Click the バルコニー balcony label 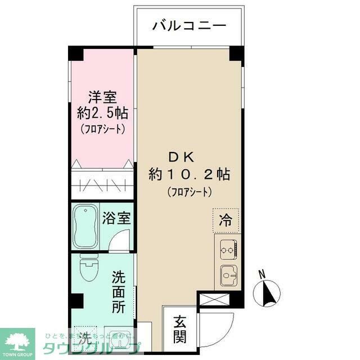pos(189,26)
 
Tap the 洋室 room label pos(102,96)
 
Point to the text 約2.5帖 pos(102,112)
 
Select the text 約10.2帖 pos(189,174)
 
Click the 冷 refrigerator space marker pos(226,219)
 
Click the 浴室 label pos(117,218)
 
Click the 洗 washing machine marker pos(84,339)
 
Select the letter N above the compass pos(260,274)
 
